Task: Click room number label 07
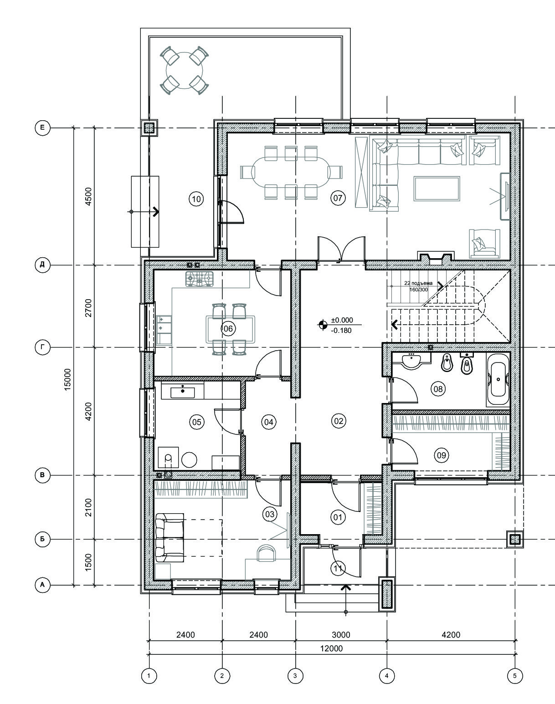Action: [x=338, y=198]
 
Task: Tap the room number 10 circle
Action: [x=196, y=199]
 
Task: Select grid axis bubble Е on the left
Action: [x=42, y=128]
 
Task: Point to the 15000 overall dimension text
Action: [x=67, y=379]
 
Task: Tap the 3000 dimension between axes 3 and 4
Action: [x=341, y=635]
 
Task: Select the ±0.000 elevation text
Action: [x=342, y=320]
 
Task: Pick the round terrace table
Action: [x=185, y=70]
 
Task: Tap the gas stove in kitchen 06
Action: [x=199, y=279]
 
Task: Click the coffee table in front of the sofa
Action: [x=437, y=188]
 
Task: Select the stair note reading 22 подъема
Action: [x=418, y=283]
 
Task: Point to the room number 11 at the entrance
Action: [x=338, y=568]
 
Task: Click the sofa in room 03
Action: [x=170, y=537]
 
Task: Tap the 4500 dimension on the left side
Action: [x=88, y=196]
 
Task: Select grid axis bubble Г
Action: [x=42, y=347]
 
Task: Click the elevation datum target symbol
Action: [x=323, y=325]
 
